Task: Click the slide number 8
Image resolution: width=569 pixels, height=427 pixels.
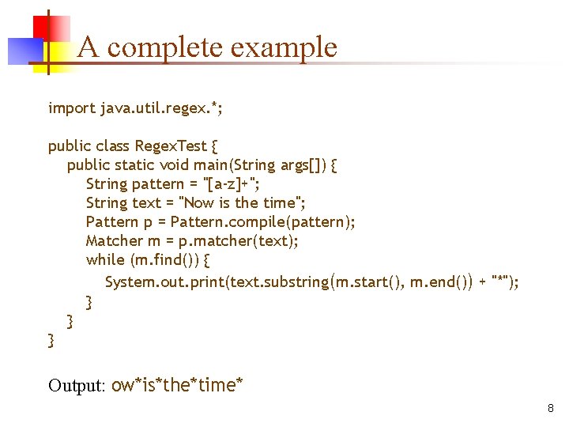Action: point(550,408)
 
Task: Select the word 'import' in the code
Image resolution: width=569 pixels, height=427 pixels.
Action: point(72,108)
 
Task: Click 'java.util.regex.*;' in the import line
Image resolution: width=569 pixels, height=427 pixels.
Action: point(162,108)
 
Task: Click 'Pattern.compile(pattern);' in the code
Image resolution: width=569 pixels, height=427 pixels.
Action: point(263,222)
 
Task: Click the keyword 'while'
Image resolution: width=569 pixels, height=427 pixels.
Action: point(105,260)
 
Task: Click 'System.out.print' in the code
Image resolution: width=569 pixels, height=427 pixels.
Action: point(165,282)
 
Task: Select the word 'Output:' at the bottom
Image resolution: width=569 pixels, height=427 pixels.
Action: point(77,386)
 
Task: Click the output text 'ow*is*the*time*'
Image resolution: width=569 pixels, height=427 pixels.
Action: point(178,386)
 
